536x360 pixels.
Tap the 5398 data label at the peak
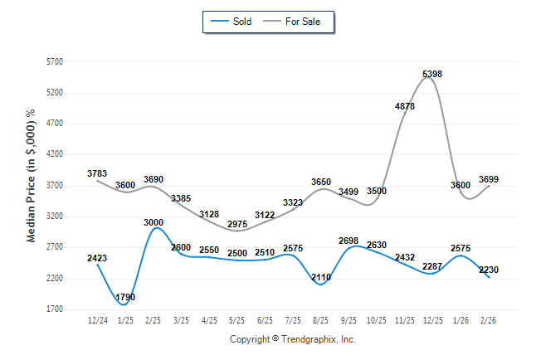click(432, 75)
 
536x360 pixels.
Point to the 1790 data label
click(125, 297)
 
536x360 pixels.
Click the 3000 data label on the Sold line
click(153, 222)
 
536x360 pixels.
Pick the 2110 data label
click(321, 277)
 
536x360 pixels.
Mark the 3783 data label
click(97, 173)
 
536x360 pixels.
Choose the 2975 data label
click(236, 224)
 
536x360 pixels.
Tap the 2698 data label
click(349, 241)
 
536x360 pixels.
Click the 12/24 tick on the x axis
click(97, 320)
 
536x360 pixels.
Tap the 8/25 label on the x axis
click(321, 320)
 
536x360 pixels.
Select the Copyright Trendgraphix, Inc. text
click(292, 339)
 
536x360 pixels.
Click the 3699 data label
click(490, 179)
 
